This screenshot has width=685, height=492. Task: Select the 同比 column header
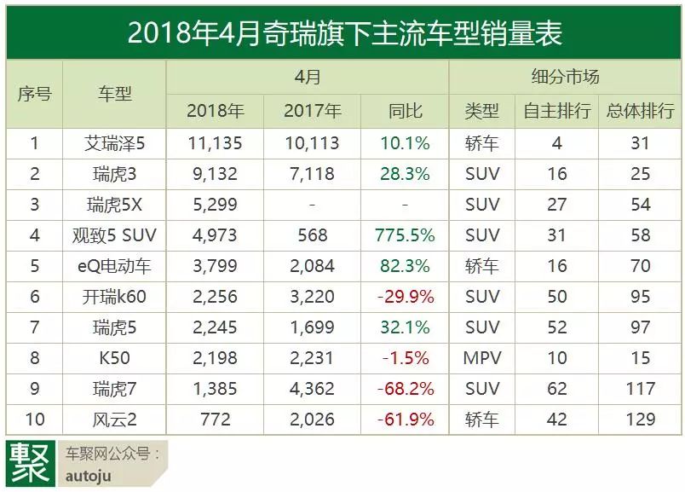coord(405,110)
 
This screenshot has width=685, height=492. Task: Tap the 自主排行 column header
coord(556,110)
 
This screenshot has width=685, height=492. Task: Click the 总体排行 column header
coord(640,110)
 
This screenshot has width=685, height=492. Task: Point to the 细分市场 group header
coord(565,77)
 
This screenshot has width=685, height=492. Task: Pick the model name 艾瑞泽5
coord(115,143)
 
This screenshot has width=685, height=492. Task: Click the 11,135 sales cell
coord(214,143)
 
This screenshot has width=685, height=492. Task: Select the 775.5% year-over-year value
coord(405,235)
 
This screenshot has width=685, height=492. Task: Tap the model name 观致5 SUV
coord(115,235)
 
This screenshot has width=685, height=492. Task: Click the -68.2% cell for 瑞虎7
coord(405,389)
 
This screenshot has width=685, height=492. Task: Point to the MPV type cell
coord(481,358)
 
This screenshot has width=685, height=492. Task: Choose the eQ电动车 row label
coord(115,266)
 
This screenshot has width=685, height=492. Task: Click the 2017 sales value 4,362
coord(312,389)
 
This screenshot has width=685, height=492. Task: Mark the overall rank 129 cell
coord(640,419)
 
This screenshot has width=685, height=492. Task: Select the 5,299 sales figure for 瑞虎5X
coord(214,205)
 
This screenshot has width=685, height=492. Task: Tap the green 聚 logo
coord(28,463)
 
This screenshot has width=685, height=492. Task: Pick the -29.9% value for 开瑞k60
coord(405,297)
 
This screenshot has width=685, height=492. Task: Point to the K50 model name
coord(115,358)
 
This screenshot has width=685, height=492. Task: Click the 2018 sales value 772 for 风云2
coord(214,419)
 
